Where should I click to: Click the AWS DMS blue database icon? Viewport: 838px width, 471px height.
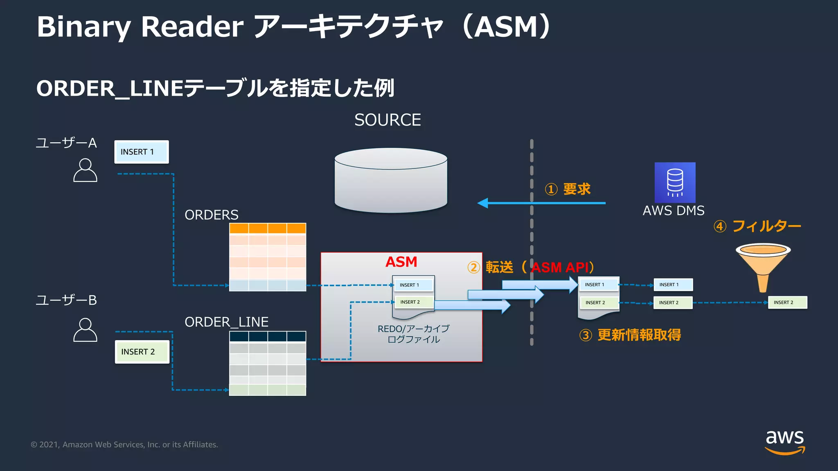pos(675,182)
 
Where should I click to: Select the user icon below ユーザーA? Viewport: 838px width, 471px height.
pos(85,170)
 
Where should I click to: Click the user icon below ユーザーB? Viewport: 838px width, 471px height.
pos(85,330)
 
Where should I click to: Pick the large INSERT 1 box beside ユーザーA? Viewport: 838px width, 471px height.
pos(141,152)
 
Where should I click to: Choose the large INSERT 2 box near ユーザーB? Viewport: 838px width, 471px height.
pos(142,352)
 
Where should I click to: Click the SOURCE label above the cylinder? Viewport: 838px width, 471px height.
pos(387,120)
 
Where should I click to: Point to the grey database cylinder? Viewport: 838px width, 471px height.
pos(391,180)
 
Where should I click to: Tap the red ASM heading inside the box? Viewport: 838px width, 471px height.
pos(401,262)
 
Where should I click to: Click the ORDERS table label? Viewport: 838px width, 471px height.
pos(211,215)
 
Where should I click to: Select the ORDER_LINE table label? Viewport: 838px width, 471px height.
pos(226,322)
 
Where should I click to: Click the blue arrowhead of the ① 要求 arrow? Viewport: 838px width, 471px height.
pos(483,203)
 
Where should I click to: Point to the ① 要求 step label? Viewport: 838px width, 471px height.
pos(568,189)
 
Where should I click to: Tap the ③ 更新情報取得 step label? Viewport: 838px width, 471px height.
pos(630,335)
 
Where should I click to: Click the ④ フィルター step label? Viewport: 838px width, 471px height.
pos(757,226)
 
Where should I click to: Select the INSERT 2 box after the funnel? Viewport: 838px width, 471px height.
pos(787,303)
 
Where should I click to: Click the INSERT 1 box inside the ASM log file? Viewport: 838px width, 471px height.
pos(413,285)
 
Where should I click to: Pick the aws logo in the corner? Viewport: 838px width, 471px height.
pos(784,442)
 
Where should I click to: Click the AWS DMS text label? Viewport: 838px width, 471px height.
pos(674,211)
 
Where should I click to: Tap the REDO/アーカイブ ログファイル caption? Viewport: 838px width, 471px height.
pos(413,334)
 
